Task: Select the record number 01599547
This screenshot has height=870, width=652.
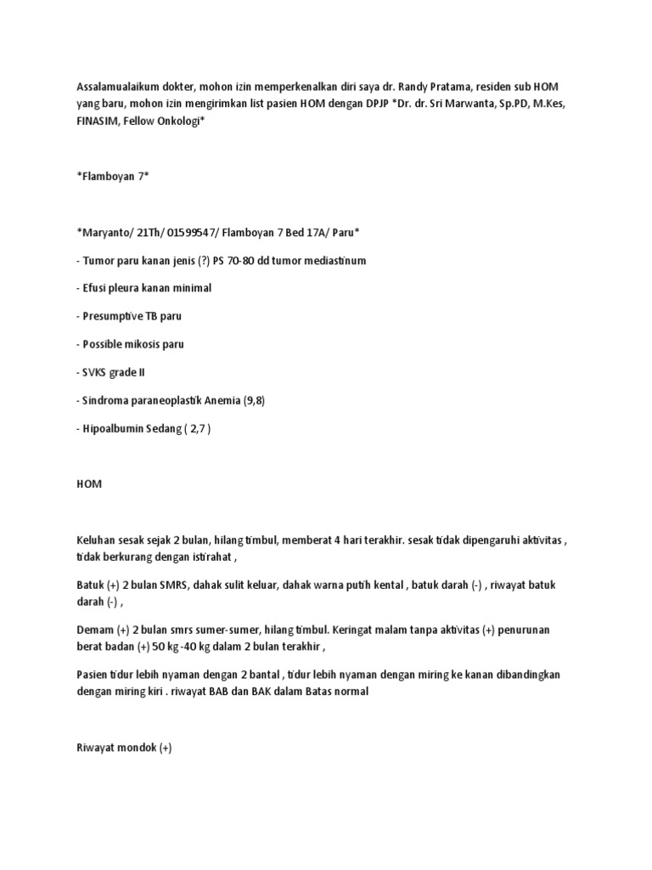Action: (188, 234)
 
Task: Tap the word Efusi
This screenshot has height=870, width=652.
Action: (95, 288)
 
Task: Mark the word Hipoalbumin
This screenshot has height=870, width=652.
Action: (116, 428)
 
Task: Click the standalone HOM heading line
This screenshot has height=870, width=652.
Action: (88, 483)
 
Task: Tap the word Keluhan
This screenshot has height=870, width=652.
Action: (98, 540)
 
